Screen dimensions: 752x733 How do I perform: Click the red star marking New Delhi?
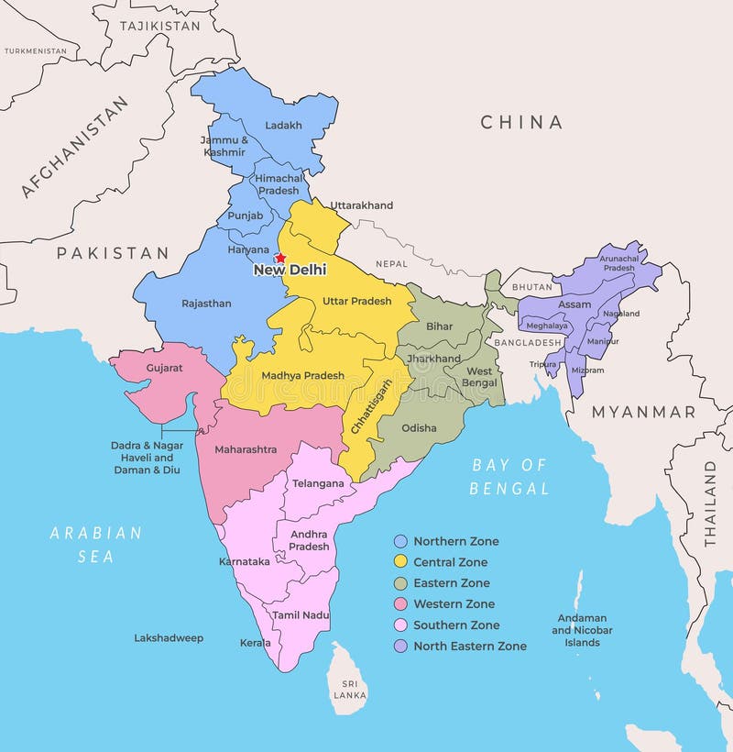pyautogui.click(x=280, y=259)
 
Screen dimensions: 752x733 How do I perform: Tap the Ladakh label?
pyautogui.click(x=282, y=126)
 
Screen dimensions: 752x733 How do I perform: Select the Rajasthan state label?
pyautogui.click(x=206, y=304)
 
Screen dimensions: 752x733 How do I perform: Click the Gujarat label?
pyautogui.click(x=164, y=368)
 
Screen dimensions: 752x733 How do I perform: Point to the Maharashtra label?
pyautogui.click(x=246, y=450)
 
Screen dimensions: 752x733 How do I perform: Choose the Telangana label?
pyautogui.click(x=318, y=483)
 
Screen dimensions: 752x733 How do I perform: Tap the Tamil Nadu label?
pyautogui.click(x=301, y=615)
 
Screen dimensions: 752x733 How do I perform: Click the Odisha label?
pyautogui.click(x=419, y=428)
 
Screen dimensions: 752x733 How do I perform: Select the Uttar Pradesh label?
pyautogui.click(x=356, y=301)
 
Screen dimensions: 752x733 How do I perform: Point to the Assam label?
pyautogui.click(x=574, y=304)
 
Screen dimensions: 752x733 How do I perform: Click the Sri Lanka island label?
pyautogui.click(x=349, y=689)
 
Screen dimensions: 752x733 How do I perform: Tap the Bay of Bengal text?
pyautogui.click(x=509, y=477)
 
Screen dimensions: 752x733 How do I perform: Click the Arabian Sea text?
pyautogui.click(x=95, y=544)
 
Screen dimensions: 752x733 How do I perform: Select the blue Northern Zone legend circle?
pyautogui.click(x=400, y=541)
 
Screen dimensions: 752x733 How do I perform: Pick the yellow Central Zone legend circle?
pyautogui.click(x=400, y=562)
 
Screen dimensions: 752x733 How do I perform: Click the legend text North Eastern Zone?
pyautogui.click(x=469, y=647)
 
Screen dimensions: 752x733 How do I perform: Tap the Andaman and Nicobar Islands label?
pyautogui.click(x=582, y=630)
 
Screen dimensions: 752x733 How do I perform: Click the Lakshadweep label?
pyautogui.click(x=169, y=638)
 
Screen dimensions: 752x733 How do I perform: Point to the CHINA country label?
pyautogui.click(x=521, y=122)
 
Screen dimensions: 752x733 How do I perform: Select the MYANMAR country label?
pyautogui.click(x=643, y=413)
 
